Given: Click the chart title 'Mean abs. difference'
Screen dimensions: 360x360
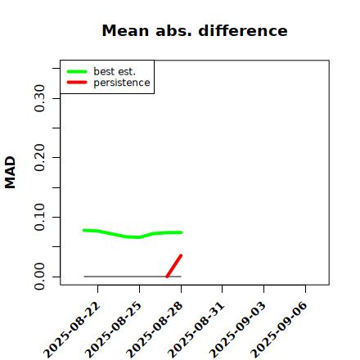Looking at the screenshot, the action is click(195, 30).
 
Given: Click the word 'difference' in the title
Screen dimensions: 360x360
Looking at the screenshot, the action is click(243, 30).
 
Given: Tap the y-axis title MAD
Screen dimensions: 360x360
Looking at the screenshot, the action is click(11, 173).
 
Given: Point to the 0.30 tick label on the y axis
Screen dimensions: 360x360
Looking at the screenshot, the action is click(39, 98).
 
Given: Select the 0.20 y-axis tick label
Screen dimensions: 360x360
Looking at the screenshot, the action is click(39, 158).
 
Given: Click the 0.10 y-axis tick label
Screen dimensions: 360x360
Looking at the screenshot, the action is click(39, 217).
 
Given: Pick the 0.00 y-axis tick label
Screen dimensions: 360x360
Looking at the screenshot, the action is click(39, 277).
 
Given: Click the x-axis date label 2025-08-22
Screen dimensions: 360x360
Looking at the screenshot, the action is click(72, 330).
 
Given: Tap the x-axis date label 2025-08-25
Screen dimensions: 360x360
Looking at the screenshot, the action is click(114, 330).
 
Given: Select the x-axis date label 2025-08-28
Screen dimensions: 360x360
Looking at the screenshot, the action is click(155, 330).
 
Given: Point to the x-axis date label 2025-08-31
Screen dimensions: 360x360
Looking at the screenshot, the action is click(196, 330).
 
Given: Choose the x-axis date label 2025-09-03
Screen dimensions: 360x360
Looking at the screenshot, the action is click(238, 330).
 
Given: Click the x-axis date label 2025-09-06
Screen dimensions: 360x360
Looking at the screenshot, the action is click(279, 330).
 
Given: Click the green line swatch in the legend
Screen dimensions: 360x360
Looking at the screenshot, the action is click(77, 71).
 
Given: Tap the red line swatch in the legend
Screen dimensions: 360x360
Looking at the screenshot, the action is click(77, 83).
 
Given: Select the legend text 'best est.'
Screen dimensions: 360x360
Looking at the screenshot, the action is click(115, 71).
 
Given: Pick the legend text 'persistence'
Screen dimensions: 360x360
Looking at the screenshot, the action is click(122, 83).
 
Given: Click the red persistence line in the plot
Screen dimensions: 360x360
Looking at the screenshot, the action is click(174, 266).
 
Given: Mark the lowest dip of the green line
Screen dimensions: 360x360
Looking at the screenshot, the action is click(139, 237).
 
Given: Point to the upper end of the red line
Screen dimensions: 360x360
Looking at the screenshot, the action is click(181, 255).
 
